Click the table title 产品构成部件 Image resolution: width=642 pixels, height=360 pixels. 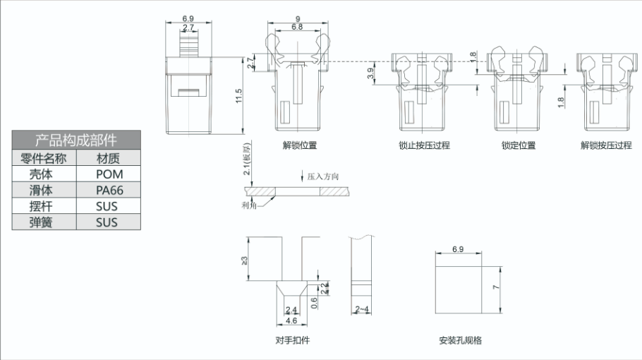tap(76, 139)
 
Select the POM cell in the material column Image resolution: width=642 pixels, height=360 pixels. tap(109, 174)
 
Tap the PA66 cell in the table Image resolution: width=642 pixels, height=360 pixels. tap(109, 190)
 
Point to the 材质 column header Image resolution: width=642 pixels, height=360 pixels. tap(108, 157)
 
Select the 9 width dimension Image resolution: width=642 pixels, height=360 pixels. tap(298, 19)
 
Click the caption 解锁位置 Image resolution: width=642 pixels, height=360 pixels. tap(299, 145)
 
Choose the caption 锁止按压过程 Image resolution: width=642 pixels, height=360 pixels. tap(423, 145)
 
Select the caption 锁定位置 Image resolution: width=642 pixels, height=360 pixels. tap(519, 145)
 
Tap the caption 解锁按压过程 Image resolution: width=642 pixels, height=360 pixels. tap(606, 145)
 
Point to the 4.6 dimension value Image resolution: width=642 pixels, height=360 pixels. tap(291, 320)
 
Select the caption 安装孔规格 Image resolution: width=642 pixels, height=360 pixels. tap(460, 340)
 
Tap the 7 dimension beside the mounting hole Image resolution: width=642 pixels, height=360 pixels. tap(497, 288)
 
